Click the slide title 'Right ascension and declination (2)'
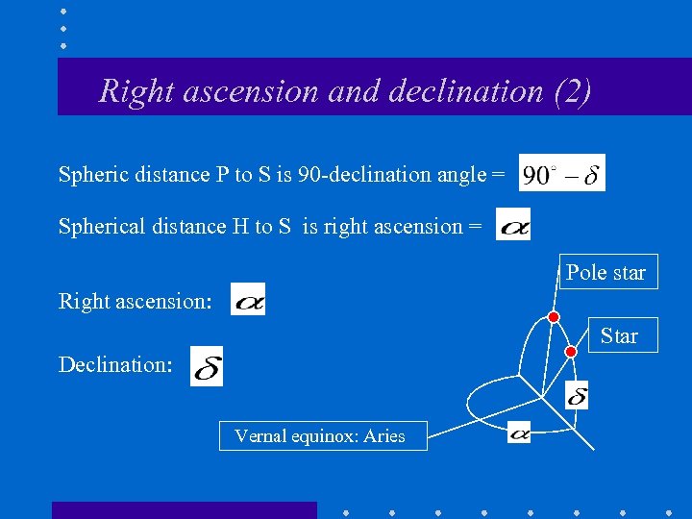pos(345,91)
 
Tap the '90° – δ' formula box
pos(562,174)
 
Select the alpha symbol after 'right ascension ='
pos(513,225)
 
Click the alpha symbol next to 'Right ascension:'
pos(248,299)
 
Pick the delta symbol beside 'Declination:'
pos(207,366)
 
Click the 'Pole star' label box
pos(605,273)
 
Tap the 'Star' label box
pos(619,335)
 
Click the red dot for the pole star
pos(554,317)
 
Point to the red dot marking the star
pos(570,352)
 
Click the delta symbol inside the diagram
pos(577,395)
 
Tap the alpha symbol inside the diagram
pos(519,432)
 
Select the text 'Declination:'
pos(115,365)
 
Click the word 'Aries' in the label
pos(384,435)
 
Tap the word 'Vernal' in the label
pos(260,435)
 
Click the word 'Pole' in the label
pos(585,273)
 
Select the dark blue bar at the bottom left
pos(184,510)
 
